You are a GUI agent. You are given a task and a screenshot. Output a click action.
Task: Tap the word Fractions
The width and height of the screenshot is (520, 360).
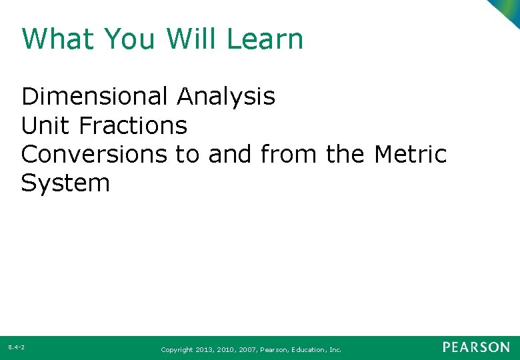(x=133, y=125)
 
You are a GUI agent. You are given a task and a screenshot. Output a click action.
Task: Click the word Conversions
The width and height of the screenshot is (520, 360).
(x=94, y=154)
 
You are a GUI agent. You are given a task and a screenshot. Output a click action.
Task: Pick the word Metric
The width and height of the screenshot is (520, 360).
(x=410, y=154)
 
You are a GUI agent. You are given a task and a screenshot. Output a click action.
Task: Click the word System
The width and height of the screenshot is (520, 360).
(x=65, y=183)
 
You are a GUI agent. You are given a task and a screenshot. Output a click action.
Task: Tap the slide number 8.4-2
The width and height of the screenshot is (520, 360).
(x=17, y=347)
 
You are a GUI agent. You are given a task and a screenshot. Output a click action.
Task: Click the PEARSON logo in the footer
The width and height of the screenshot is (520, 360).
(x=476, y=347)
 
